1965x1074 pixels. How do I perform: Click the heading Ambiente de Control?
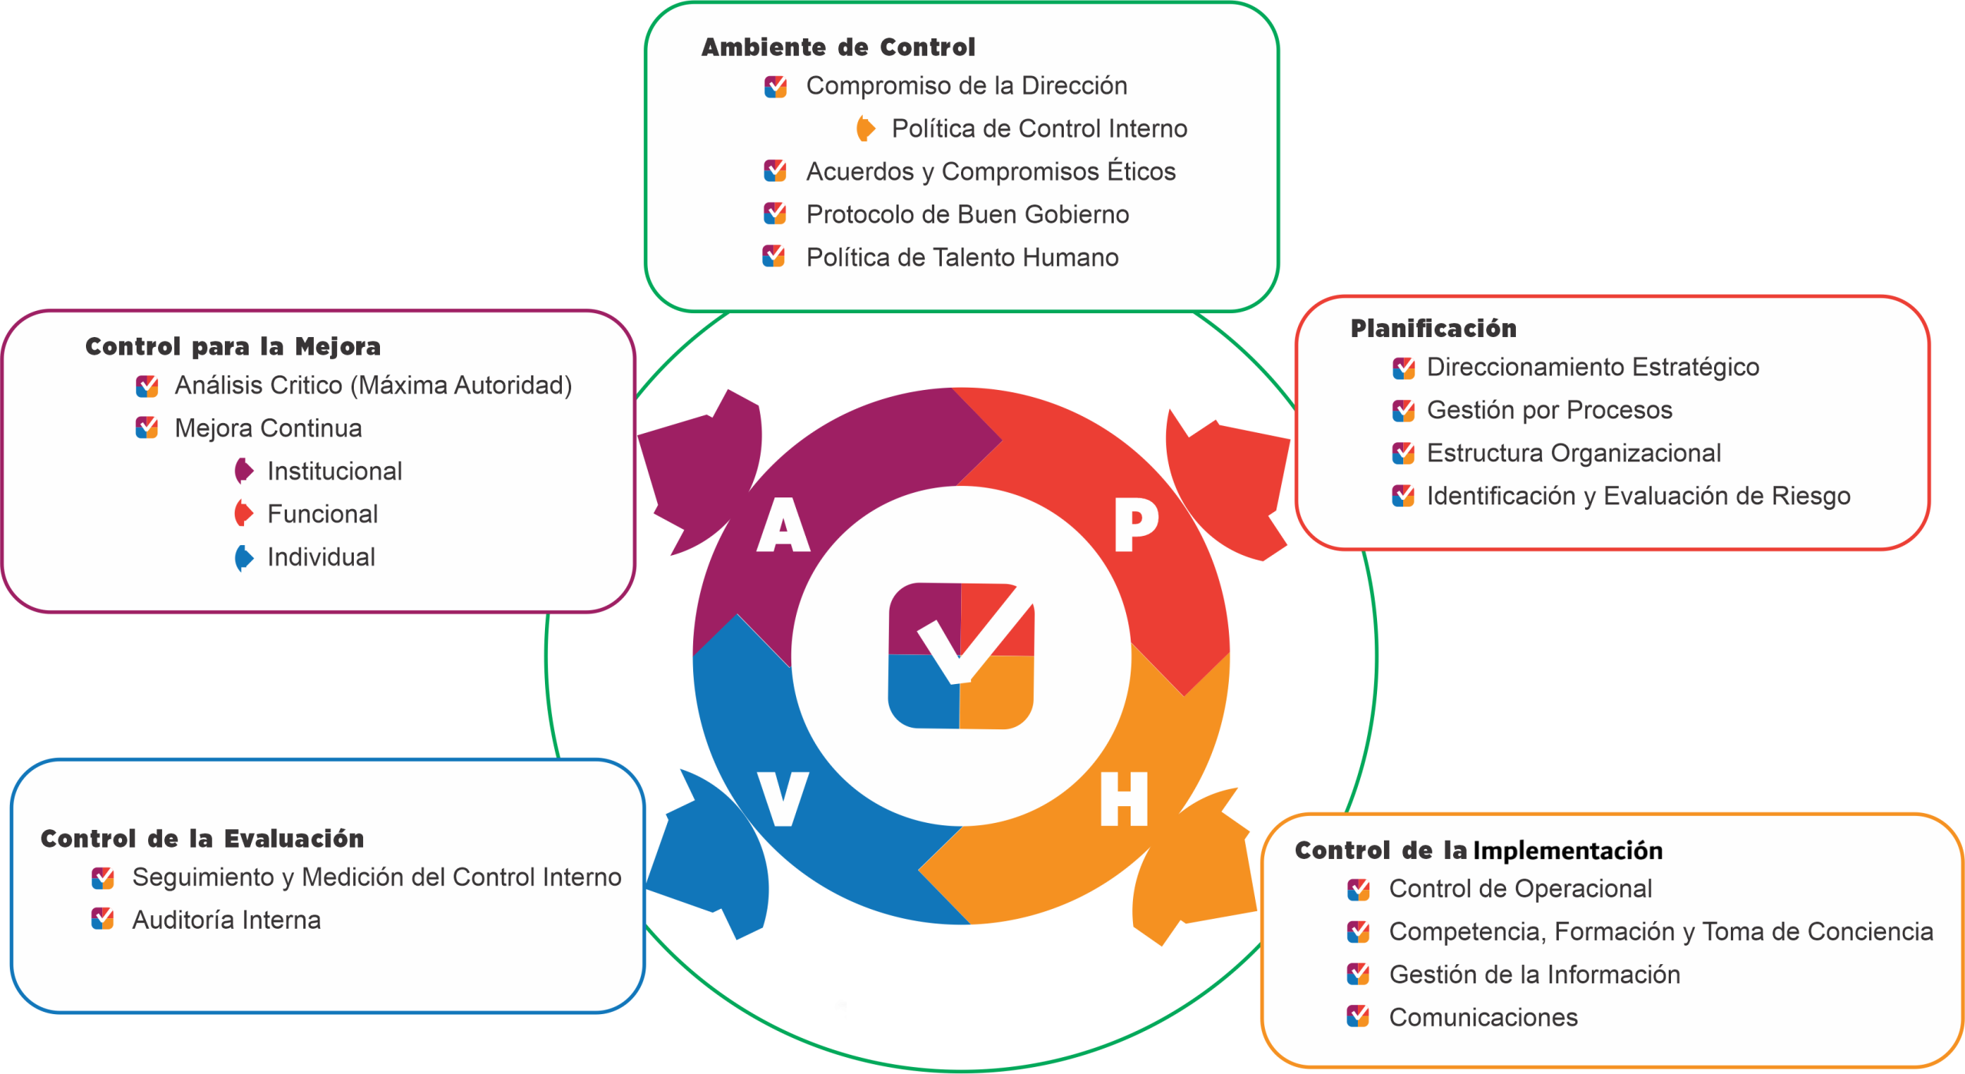click(837, 48)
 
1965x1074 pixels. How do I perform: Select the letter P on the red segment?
click(1135, 524)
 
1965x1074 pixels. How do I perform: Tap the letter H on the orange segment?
click(1124, 799)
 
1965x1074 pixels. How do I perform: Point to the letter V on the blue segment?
click(783, 798)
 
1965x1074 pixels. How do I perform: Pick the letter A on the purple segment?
click(783, 525)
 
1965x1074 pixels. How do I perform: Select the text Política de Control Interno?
click(1039, 129)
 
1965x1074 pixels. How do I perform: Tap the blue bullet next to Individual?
click(243, 557)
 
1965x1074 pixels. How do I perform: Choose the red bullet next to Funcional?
click(243, 514)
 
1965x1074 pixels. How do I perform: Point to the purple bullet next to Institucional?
click(243, 471)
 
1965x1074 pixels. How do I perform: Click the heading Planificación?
click(1433, 329)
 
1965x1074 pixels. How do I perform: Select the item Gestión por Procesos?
click(1549, 410)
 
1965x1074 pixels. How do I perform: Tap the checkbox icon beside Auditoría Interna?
click(103, 919)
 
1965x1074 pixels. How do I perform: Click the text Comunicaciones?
click(1483, 1017)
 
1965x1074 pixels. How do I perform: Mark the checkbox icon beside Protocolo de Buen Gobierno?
click(775, 213)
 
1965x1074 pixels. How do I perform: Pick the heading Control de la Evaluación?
click(202, 838)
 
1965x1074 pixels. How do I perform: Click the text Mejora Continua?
click(268, 428)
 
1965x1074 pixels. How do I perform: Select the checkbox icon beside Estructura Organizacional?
click(1403, 453)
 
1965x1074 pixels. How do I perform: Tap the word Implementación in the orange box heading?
click(1567, 851)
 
